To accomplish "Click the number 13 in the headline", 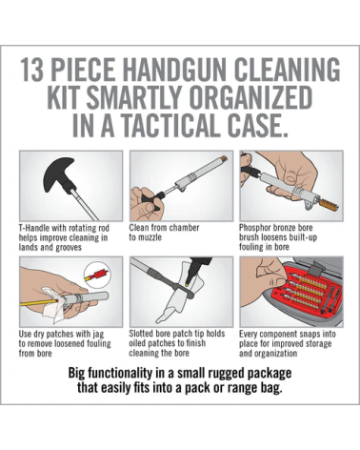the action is [31, 70].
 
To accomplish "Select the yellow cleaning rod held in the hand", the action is [39, 301].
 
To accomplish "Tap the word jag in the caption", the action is [98, 335].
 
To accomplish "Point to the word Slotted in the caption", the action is [142, 334].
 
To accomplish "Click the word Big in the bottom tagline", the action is [76, 373].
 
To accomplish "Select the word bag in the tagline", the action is [272, 389].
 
